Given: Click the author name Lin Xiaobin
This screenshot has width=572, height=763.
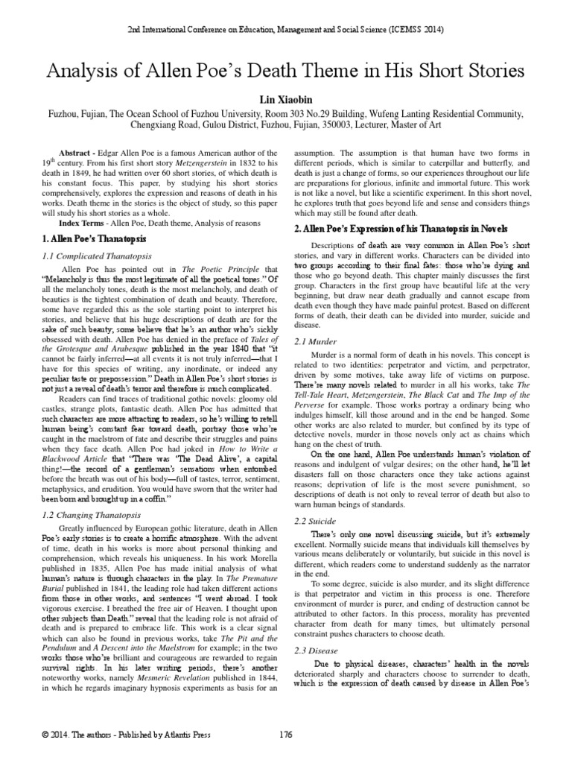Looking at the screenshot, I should (x=286, y=98).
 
